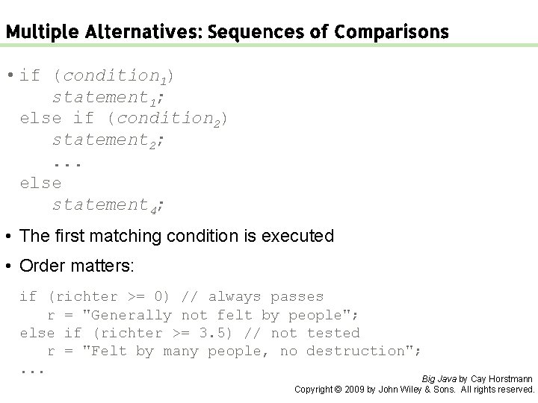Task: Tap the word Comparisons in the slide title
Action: [x=392, y=32]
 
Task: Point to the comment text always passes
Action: [x=266, y=297]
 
